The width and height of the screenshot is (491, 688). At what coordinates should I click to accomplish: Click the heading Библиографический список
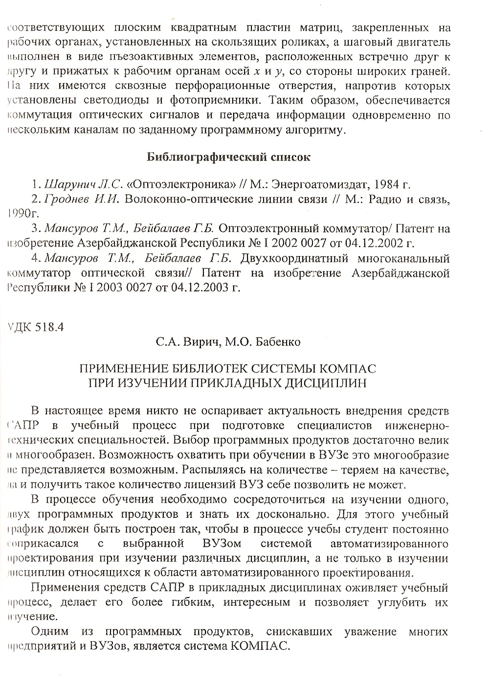point(228,157)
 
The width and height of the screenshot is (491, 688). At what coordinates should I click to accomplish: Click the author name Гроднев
point(66,200)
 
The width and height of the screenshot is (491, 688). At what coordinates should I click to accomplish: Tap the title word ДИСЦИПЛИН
point(325,382)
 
